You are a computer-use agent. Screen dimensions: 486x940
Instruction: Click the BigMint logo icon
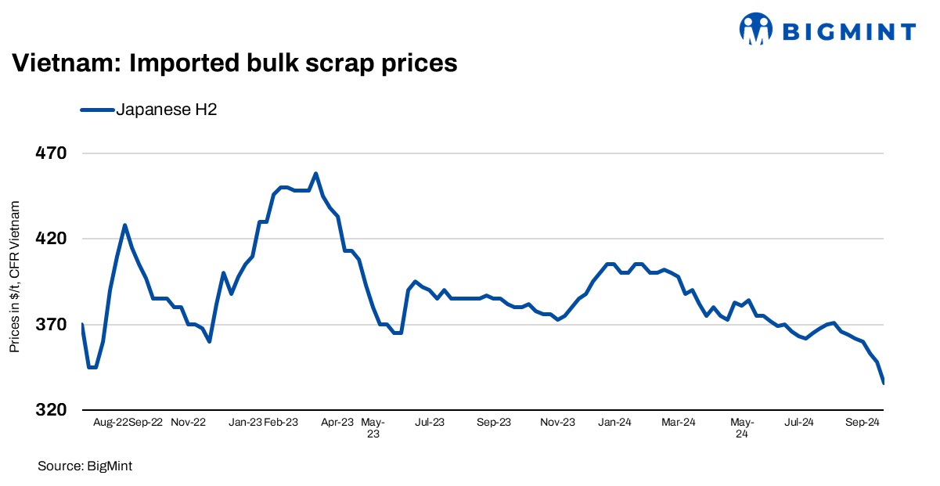point(756,30)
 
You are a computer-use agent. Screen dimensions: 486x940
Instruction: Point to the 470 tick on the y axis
point(51,153)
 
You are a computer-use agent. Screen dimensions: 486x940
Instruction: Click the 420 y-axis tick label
point(51,239)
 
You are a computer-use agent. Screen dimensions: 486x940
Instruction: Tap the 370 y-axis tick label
point(51,324)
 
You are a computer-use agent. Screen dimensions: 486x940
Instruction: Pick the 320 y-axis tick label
point(51,409)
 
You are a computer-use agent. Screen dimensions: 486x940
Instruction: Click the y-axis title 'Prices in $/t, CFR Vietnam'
point(15,276)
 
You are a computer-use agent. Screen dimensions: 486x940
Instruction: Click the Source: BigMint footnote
point(85,466)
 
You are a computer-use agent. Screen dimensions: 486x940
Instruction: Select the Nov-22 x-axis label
point(189,422)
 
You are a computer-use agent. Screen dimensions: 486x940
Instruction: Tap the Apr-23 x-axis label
point(338,422)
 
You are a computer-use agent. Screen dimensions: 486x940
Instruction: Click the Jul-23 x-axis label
point(429,422)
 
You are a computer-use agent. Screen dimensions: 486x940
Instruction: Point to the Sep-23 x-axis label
point(494,422)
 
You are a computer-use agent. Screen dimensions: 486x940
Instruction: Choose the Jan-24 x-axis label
point(615,422)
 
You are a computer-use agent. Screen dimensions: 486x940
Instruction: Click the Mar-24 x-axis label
point(679,422)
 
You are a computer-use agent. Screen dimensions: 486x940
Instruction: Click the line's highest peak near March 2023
point(315,174)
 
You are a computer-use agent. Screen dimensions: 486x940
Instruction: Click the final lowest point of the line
point(884,383)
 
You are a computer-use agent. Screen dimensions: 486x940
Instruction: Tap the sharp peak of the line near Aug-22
point(124,225)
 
